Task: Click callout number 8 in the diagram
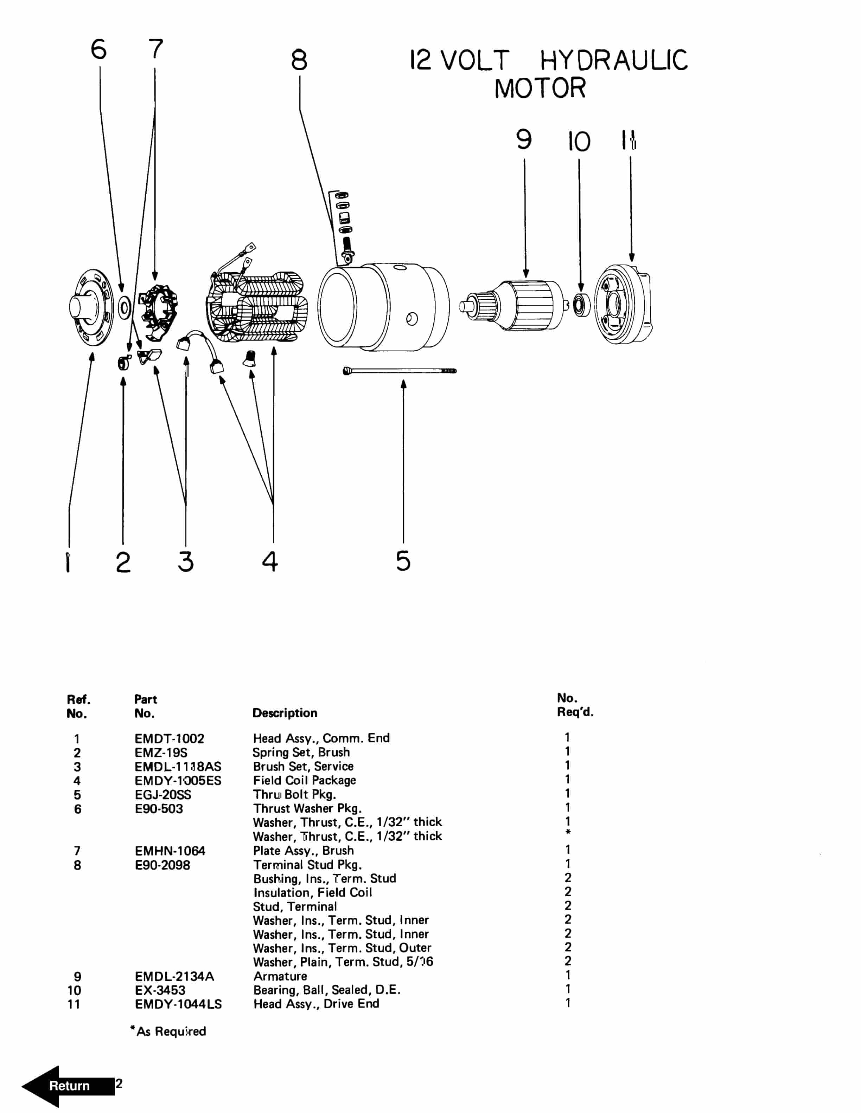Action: click(299, 60)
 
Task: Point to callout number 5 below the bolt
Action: click(403, 561)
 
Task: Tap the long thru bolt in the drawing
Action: click(400, 371)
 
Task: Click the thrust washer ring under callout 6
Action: click(124, 307)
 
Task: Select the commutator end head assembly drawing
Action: click(92, 307)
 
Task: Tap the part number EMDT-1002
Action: click(169, 738)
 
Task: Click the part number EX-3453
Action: click(160, 990)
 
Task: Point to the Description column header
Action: click(285, 712)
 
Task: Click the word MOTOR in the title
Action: click(540, 88)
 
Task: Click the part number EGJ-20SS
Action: click(163, 794)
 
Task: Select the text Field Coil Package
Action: click(304, 780)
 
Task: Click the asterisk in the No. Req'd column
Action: click(568, 833)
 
